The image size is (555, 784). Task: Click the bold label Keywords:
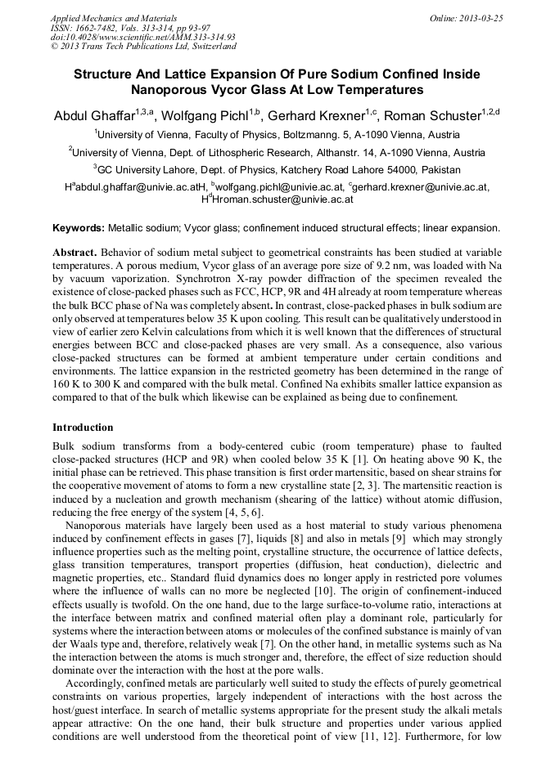click(x=79, y=228)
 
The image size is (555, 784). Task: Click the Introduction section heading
click(x=83, y=428)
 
